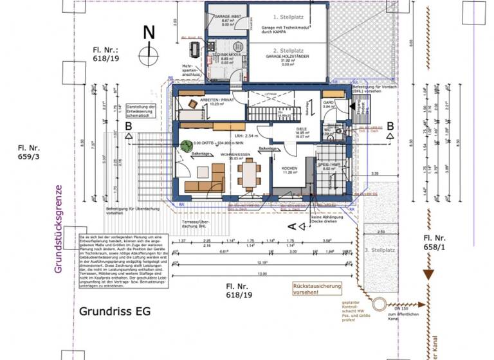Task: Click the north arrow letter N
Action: (x=149, y=32)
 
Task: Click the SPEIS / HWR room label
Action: (x=329, y=165)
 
